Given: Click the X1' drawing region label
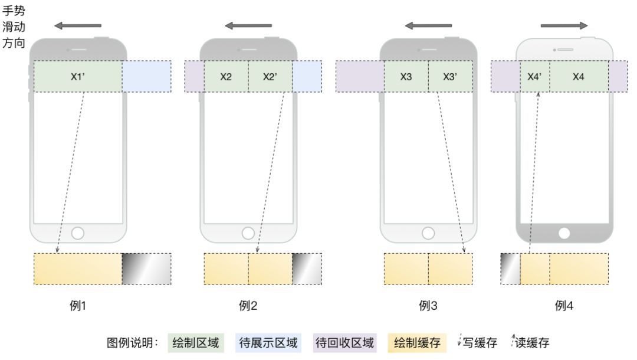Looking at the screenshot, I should pyautogui.click(x=78, y=77).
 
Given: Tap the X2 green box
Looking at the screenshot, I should pyautogui.click(x=226, y=77).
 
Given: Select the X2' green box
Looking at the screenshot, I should pyautogui.click(x=270, y=77).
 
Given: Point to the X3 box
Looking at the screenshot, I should pyautogui.click(x=406, y=77).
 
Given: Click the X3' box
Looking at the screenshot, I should pyautogui.click(x=450, y=77).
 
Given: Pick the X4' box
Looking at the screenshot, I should pyautogui.click(x=535, y=77).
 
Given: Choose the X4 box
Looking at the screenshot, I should pyautogui.click(x=579, y=77).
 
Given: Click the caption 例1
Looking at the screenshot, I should pyautogui.click(x=78, y=306).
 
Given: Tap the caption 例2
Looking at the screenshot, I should pyautogui.click(x=248, y=306).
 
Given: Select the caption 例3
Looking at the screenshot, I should pyautogui.click(x=428, y=306).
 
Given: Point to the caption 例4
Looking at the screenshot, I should pyautogui.click(x=564, y=306).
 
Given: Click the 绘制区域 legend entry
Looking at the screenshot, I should pyautogui.click(x=196, y=343).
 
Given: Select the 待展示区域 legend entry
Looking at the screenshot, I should pyautogui.click(x=268, y=343).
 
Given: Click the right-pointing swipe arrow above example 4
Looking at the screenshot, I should pyautogui.click(x=564, y=25).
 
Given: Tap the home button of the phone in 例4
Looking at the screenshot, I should pyautogui.click(x=564, y=233).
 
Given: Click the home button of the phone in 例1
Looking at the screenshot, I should pyautogui.click(x=78, y=233).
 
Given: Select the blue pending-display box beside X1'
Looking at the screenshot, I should pyautogui.click(x=147, y=77).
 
